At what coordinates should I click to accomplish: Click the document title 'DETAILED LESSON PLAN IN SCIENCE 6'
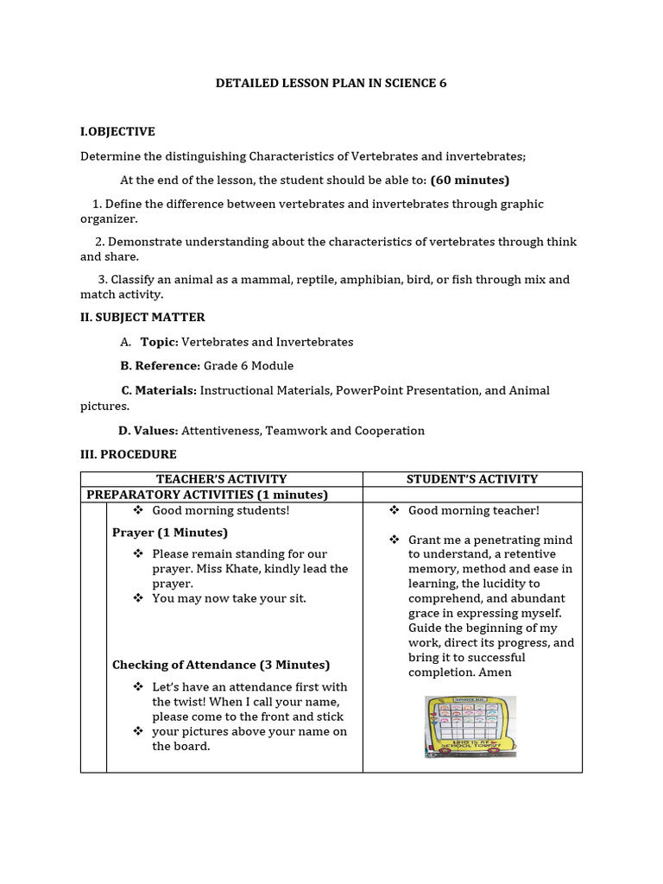coord(331,84)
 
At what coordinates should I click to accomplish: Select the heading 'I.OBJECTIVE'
coord(117,132)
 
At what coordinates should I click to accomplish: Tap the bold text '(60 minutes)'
coord(470,180)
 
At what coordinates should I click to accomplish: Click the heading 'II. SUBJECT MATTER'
coord(142,318)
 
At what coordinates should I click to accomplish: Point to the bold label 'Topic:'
coord(160,342)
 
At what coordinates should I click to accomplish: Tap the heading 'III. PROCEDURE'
coord(129,454)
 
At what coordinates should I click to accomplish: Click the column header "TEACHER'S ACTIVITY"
coord(221,479)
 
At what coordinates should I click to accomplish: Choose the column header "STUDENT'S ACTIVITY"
coord(472,479)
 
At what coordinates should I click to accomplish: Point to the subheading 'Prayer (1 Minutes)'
coord(170,533)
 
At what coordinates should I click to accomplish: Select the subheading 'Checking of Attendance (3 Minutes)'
coord(221,665)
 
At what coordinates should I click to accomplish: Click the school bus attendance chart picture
coord(470,727)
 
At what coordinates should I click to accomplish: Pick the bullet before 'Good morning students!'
coord(138,510)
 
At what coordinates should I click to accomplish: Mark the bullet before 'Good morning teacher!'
coord(395,510)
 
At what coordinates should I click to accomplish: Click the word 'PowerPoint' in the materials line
coord(369,390)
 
